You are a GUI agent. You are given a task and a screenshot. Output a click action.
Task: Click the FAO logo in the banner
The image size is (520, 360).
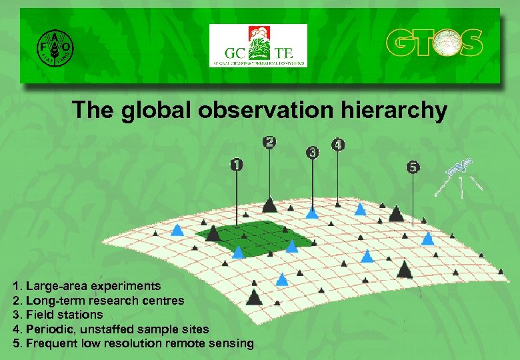tap(55, 46)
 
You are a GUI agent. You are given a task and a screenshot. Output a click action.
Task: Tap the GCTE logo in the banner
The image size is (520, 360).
tap(258, 46)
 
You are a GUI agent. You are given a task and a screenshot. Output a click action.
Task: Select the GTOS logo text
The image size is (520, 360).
tap(434, 43)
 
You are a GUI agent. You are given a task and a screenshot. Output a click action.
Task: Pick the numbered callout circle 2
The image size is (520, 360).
tap(269, 142)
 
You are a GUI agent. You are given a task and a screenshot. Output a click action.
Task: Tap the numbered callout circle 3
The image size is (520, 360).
tap(313, 153)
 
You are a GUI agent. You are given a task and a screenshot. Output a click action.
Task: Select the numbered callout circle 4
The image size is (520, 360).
tap(338, 145)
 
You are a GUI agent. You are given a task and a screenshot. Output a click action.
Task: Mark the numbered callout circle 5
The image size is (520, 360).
tap(413, 167)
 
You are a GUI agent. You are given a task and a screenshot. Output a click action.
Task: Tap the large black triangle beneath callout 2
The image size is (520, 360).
tap(269, 204)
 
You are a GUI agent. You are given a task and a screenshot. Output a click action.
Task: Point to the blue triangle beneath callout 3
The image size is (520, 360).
tap(312, 213)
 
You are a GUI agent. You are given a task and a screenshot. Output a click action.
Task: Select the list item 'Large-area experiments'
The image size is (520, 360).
tap(93, 286)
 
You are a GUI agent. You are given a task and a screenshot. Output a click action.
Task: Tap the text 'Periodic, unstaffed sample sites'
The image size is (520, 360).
tap(117, 329)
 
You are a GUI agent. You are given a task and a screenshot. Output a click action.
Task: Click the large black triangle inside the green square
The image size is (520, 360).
tap(213, 233)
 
